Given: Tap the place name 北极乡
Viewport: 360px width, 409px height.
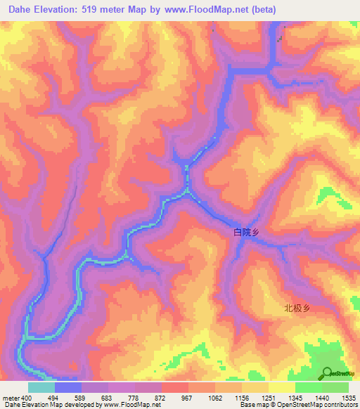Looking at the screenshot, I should coord(297,307).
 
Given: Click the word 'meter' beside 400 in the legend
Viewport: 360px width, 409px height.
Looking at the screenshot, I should coord(10,398).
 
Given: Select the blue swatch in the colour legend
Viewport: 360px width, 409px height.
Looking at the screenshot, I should coord(68,387).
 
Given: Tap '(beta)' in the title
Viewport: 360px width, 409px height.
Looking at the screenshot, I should coord(264,10).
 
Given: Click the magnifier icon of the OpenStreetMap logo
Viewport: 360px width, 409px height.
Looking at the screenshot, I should coord(328,373).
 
